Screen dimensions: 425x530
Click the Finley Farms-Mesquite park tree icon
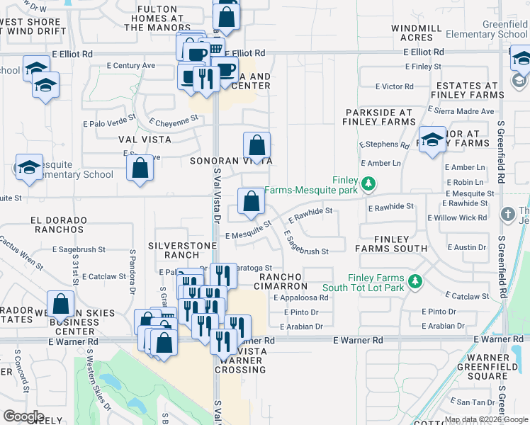pyautogui.click(x=368, y=185)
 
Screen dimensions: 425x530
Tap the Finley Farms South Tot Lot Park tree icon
pyautogui.click(x=417, y=282)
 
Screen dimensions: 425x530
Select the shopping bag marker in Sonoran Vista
pyautogui.click(x=256, y=147)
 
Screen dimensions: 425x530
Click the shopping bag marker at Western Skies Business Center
pyautogui.click(x=62, y=305)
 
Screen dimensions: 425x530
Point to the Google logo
pyautogui.click(x=23, y=416)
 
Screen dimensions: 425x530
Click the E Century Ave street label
pyautogui.click(x=131, y=65)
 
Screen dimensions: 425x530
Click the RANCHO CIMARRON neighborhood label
pyautogui.click(x=283, y=281)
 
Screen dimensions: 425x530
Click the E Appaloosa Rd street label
pyautogui.click(x=301, y=298)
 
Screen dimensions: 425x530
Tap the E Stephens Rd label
pyautogui.click(x=384, y=144)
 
